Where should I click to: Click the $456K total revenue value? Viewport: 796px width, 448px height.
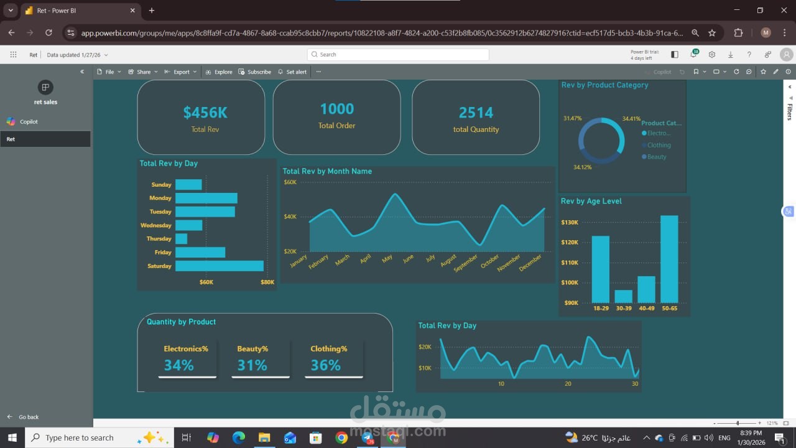[205, 113]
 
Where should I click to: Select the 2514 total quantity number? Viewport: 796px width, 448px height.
[476, 113]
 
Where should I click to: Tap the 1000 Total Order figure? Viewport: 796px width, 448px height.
[336, 109]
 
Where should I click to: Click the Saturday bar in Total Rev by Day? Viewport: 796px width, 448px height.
[219, 266]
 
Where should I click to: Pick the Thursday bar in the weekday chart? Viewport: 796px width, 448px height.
[181, 239]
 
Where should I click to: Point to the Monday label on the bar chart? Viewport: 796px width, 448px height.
[160, 198]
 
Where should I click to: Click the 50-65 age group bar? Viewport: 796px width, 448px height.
[669, 259]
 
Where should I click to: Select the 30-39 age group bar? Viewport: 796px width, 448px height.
[623, 296]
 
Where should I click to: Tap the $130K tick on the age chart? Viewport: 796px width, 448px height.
[570, 222]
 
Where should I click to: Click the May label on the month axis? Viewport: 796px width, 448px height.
[387, 258]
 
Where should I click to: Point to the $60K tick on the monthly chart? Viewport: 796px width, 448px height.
[290, 182]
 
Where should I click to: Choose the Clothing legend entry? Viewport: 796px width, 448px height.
[659, 145]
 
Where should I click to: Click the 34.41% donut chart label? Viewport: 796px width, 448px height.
[631, 118]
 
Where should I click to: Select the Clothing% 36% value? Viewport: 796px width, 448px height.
[326, 365]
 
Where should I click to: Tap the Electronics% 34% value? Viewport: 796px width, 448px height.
[179, 365]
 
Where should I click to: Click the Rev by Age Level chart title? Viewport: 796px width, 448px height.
[591, 201]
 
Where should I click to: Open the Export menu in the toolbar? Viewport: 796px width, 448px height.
[181, 72]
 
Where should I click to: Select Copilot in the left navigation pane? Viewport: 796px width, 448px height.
[29, 122]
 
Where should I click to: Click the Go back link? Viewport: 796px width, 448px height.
[28, 417]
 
